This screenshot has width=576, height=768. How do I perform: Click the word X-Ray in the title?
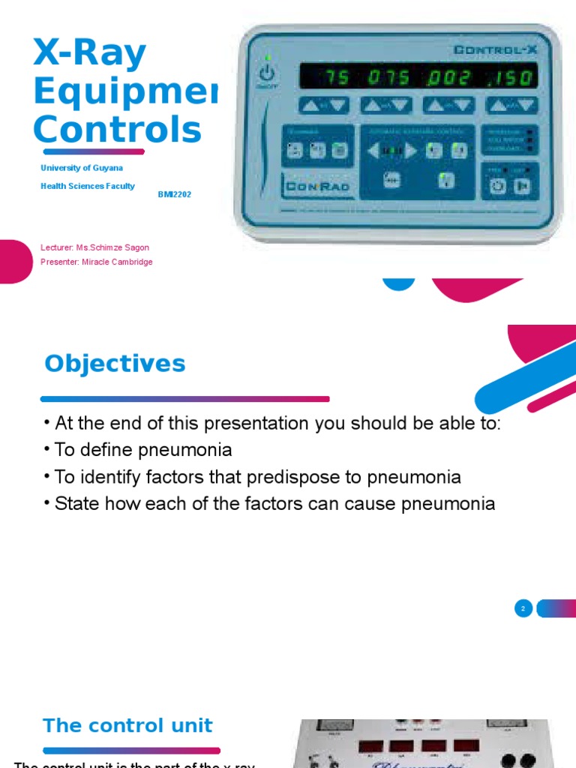click(x=89, y=55)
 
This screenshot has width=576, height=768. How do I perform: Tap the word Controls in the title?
click(x=117, y=129)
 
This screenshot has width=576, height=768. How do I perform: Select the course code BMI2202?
click(x=174, y=194)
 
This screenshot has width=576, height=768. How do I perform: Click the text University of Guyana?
click(x=82, y=168)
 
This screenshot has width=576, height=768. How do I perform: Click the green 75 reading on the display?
click(x=334, y=78)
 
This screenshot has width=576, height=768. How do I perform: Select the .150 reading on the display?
click(x=511, y=78)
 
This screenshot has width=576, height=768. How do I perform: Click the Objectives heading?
click(x=115, y=364)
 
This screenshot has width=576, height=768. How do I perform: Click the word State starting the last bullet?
click(x=76, y=504)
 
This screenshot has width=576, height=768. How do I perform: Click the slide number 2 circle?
click(x=523, y=608)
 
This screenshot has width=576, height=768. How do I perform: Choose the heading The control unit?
click(x=127, y=725)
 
